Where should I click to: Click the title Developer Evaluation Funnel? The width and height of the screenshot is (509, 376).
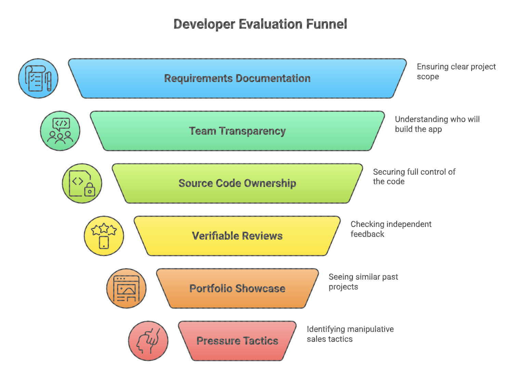click(x=260, y=24)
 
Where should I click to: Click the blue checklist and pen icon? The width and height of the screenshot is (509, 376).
click(x=38, y=78)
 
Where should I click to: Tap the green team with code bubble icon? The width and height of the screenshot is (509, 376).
click(x=60, y=131)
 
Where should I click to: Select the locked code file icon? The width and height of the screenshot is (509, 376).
click(x=82, y=183)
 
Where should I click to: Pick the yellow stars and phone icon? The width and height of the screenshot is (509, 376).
click(x=104, y=236)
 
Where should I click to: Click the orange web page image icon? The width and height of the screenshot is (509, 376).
click(x=126, y=288)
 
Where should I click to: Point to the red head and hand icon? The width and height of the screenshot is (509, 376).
click(x=148, y=341)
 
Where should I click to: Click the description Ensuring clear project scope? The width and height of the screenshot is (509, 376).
click(x=456, y=71)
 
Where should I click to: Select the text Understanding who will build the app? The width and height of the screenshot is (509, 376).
click(x=437, y=124)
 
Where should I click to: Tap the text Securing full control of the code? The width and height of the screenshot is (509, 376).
click(x=414, y=176)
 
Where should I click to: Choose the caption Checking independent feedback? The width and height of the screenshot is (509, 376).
click(x=391, y=229)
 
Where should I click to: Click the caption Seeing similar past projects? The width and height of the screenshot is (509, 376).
click(x=363, y=282)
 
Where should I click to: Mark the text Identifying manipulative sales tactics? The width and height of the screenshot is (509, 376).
click(x=350, y=334)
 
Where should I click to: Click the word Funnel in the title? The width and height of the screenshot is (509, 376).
click(x=326, y=24)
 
